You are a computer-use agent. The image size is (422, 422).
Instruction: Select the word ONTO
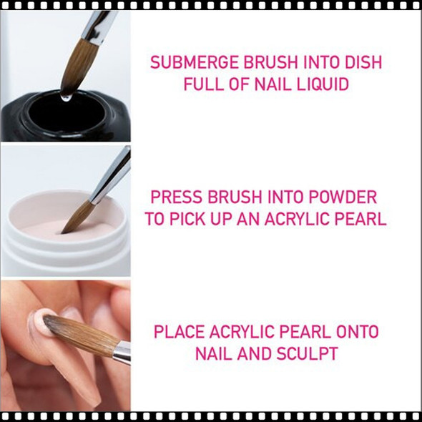click(357, 333)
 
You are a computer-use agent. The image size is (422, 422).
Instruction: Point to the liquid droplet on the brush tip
click(65, 96)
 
